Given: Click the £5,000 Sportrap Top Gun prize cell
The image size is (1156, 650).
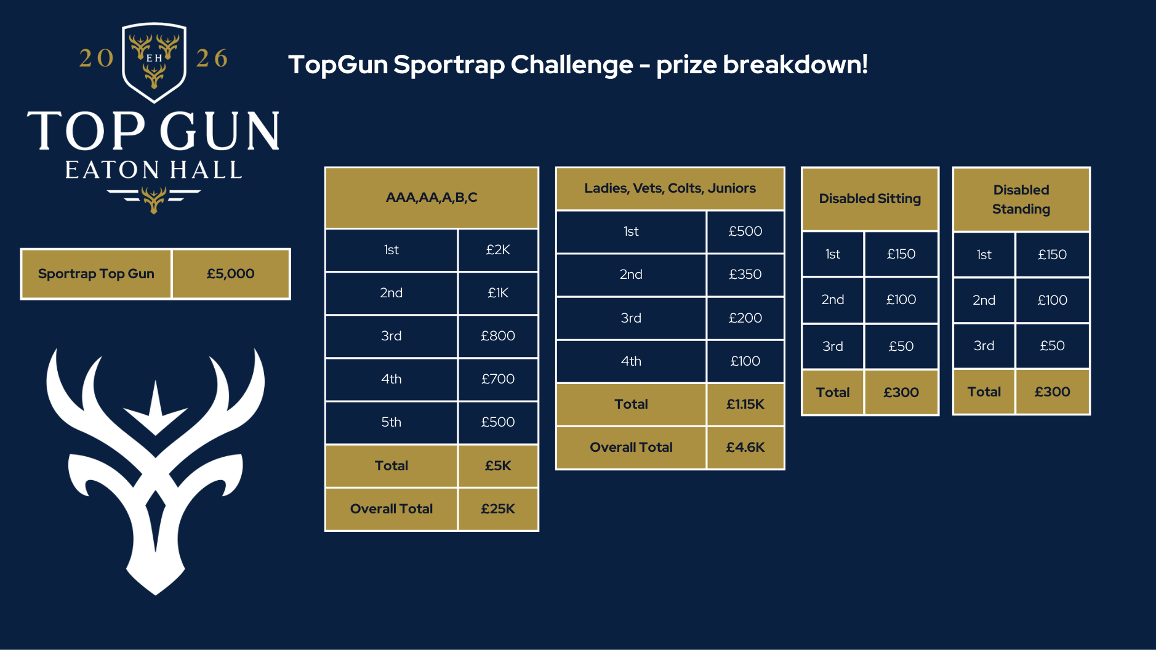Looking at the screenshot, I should (230, 274).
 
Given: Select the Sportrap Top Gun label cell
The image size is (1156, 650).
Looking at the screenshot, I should (96, 274).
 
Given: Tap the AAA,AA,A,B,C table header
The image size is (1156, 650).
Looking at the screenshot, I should (431, 198).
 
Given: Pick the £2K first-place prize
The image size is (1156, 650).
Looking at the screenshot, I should (497, 250).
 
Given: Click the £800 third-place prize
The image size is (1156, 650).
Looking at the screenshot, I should (497, 336).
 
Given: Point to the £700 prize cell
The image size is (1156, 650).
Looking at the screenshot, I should (497, 379).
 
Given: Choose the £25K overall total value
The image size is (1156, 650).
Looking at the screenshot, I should (497, 509).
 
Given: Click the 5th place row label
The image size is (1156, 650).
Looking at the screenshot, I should (391, 422).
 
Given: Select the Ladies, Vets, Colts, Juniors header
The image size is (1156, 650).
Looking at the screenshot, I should (670, 188).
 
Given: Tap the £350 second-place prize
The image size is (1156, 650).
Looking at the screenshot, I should (745, 275).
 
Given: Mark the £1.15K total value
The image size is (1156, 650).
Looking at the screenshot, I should (745, 404).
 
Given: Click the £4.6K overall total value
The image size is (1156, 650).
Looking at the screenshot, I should (745, 447).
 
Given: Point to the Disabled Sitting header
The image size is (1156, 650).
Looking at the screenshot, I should (869, 199).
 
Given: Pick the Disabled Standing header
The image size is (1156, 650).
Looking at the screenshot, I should (1021, 199).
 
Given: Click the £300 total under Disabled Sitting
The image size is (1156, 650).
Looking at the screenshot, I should (901, 393).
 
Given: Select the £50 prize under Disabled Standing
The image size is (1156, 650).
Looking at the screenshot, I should (1052, 346).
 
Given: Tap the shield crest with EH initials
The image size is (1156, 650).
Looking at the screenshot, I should (154, 62).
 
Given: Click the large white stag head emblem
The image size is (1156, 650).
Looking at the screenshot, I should (155, 468).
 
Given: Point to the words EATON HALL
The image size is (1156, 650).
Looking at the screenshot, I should (154, 171).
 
